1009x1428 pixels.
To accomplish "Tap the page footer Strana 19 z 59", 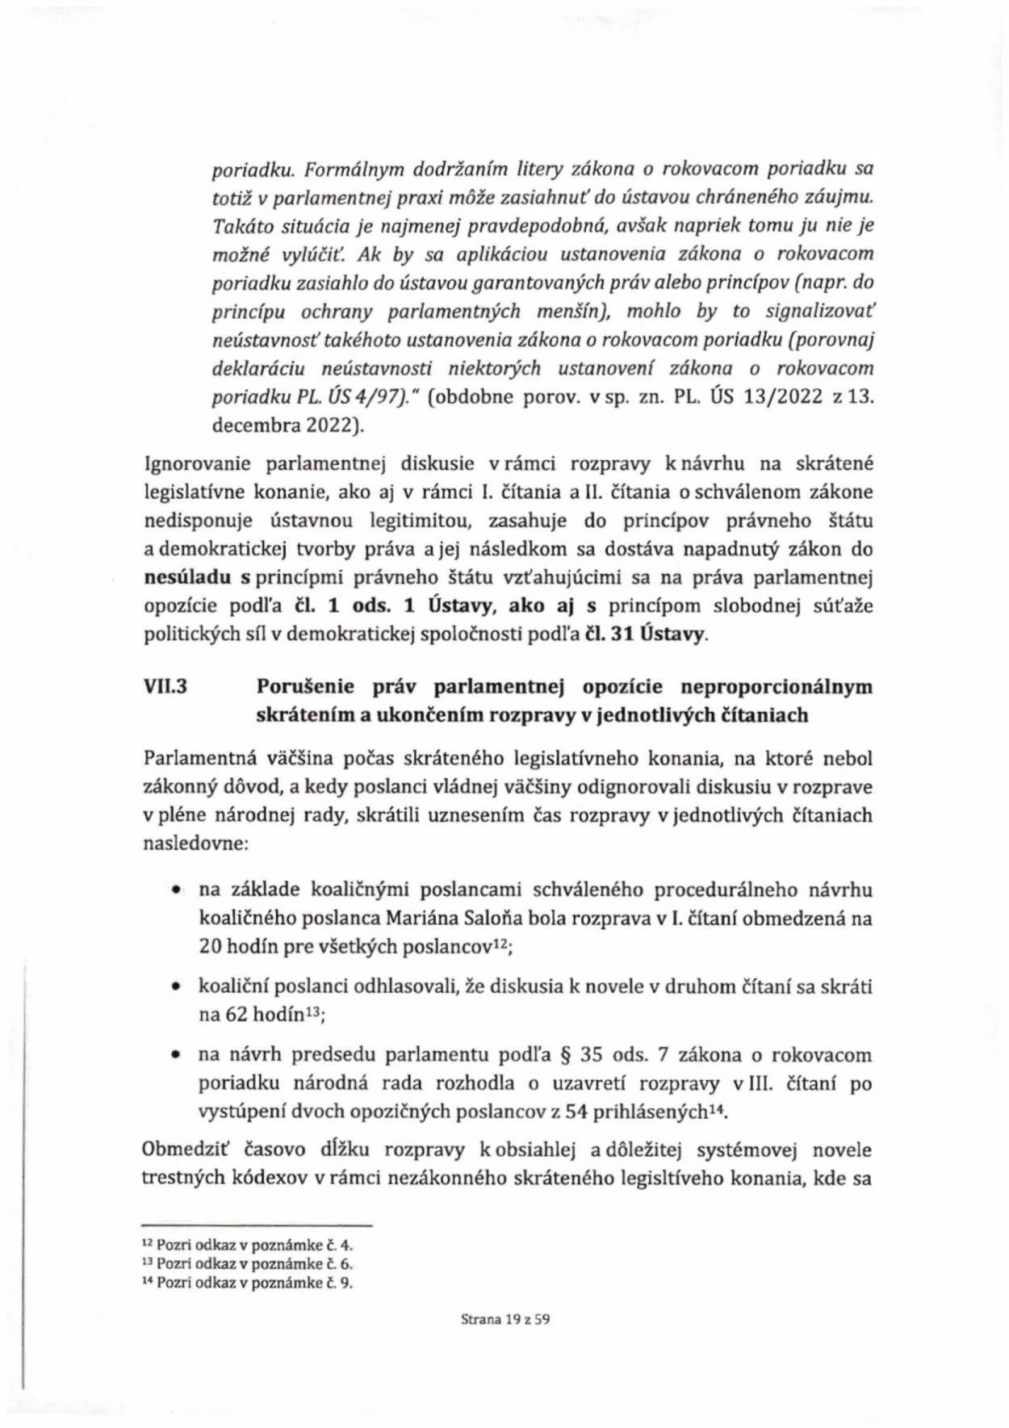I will click(504, 1320).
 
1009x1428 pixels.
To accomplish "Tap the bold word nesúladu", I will click(187, 578).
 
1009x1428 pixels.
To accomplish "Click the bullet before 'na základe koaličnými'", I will click(174, 890).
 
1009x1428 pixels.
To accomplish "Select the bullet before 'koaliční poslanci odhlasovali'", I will click(174, 987).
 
